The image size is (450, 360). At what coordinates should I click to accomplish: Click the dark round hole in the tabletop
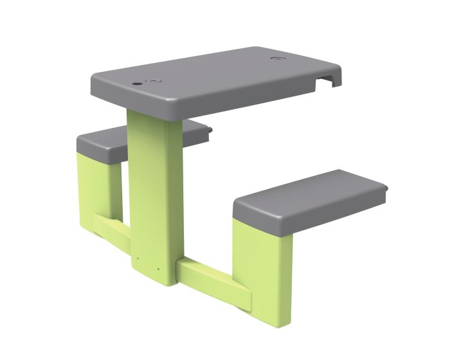[138, 84]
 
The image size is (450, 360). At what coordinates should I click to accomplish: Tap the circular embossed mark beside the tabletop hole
[155, 82]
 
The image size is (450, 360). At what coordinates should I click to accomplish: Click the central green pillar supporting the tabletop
[153, 186]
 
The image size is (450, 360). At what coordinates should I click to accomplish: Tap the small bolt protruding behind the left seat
[211, 132]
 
